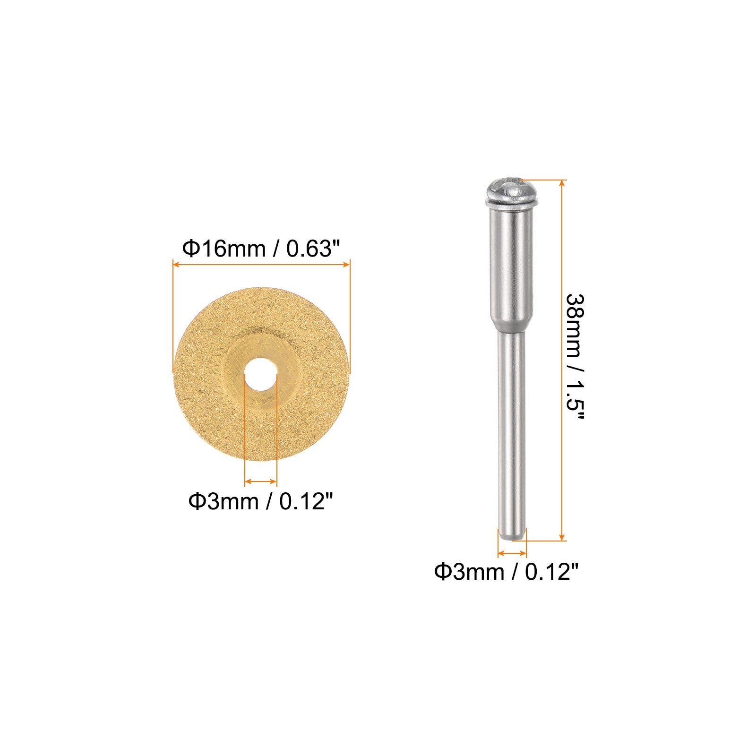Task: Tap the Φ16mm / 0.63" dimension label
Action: (261, 249)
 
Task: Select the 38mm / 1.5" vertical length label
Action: (576, 359)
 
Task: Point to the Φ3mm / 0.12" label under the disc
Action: (261, 501)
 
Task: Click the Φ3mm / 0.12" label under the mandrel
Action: (507, 572)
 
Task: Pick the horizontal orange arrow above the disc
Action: (261, 265)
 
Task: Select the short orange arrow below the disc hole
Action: (261, 481)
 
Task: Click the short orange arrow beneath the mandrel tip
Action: (512, 553)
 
